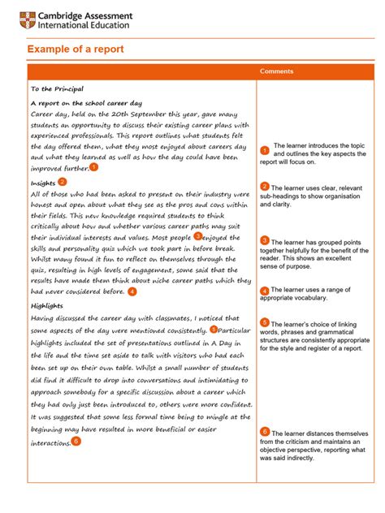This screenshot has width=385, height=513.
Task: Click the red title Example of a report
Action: point(76,50)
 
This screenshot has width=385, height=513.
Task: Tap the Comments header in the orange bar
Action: point(277,71)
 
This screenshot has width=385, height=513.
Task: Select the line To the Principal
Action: point(57,88)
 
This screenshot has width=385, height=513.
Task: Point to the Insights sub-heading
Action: point(43,183)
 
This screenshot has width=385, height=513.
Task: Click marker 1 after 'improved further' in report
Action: point(94,166)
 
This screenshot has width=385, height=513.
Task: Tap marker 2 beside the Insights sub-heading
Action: point(63,183)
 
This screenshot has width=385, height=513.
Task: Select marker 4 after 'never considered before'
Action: point(132,291)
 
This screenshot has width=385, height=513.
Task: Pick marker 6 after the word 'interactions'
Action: point(76,441)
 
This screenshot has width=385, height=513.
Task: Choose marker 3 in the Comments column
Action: point(265,241)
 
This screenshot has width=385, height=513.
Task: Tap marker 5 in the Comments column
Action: point(265,323)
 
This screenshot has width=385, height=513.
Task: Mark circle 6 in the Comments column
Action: point(265,432)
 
